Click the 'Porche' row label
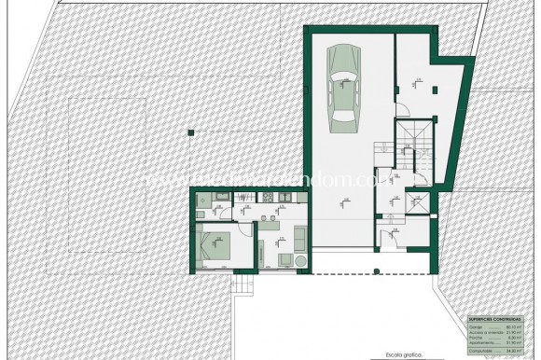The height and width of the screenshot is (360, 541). (476, 339)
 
